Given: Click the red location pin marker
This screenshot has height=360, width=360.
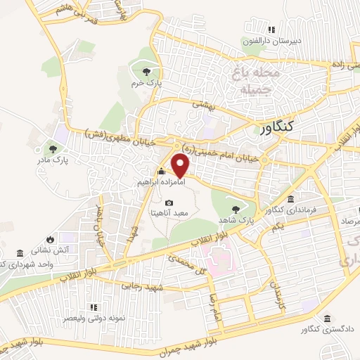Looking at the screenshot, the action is click(x=181, y=166).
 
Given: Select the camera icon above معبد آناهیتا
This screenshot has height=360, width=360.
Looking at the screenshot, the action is click(x=169, y=202).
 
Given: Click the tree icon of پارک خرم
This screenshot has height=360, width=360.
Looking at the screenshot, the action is click(x=146, y=72).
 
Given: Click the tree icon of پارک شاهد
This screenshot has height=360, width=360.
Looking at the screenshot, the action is click(x=235, y=209).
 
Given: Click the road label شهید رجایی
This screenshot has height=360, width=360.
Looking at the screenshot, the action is click(x=134, y=285).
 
